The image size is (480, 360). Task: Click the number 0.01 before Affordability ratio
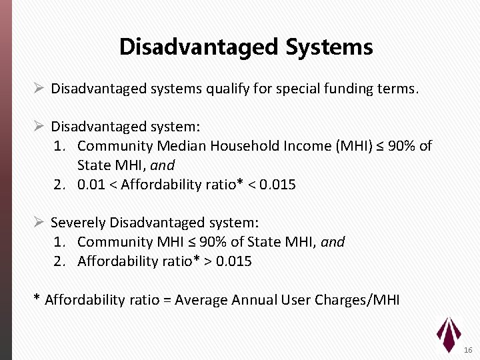coord(90,185)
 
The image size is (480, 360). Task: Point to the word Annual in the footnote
coord(253,300)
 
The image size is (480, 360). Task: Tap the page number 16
coord(468,350)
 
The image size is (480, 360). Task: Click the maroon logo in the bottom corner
coord(448,333)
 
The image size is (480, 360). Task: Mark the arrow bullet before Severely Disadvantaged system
coord(39,223)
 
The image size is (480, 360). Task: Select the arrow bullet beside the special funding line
coord(39,89)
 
